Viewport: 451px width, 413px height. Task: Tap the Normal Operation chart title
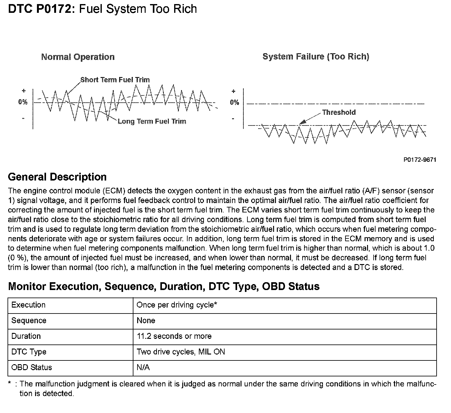(x=78, y=57)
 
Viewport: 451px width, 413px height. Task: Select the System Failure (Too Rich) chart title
(x=316, y=57)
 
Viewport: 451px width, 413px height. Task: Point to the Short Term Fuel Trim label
(x=115, y=80)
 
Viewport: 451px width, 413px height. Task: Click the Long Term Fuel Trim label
(x=152, y=121)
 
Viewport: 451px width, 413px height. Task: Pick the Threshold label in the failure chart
(x=339, y=112)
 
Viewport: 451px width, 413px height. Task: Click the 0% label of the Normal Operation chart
(x=23, y=102)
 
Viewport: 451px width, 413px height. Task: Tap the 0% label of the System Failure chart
(x=234, y=102)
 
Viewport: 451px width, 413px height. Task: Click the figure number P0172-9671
(x=420, y=160)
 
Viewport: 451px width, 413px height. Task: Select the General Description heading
(x=57, y=177)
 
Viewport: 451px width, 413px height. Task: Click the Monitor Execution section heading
(x=164, y=286)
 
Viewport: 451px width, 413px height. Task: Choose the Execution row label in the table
(x=29, y=305)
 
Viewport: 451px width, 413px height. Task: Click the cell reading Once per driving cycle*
(x=177, y=305)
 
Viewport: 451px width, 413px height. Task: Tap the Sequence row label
(x=29, y=321)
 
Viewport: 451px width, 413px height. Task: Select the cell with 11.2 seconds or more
(x=174, y=336)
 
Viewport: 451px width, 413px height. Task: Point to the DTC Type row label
(x=29, y=352)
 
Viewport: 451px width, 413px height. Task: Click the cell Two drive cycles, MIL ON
(x=181, y=352)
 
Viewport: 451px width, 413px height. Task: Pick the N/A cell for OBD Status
(x=143, y=368)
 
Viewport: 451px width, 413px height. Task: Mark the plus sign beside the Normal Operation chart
(x=23, y=91)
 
